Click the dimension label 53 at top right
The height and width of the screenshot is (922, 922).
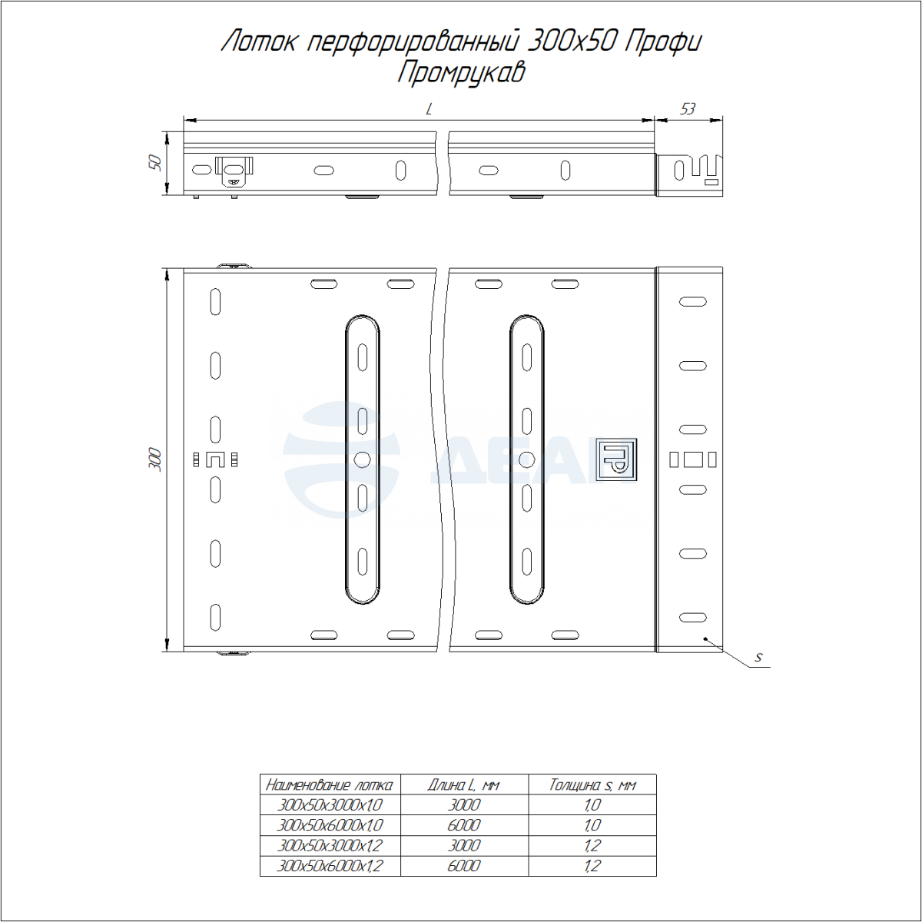[687, 110]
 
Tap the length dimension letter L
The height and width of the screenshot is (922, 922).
[429, 110]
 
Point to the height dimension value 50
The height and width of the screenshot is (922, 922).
[155, 163]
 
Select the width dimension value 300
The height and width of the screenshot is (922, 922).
[155, 459]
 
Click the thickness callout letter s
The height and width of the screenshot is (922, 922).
[758, 658]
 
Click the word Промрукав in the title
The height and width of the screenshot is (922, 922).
[461, 73]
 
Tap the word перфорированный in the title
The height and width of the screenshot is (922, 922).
[412, 42]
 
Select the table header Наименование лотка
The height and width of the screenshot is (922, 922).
[330, 785]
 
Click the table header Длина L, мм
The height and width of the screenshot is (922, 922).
[463, 785]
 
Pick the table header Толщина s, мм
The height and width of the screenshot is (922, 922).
[592, 785]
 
